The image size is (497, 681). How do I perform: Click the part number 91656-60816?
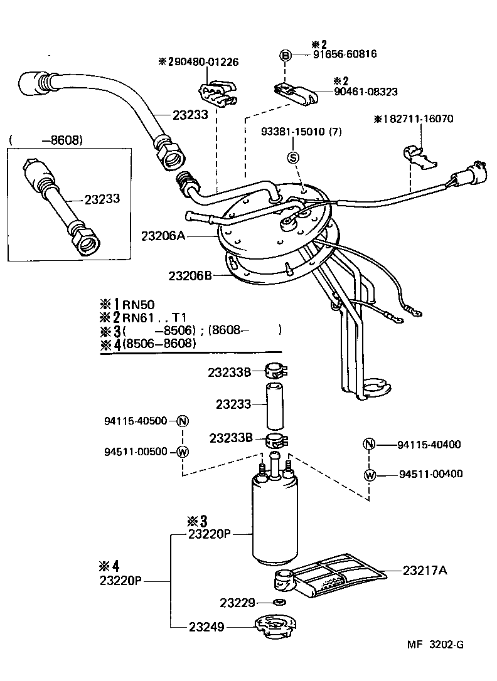click(x=345, y=55)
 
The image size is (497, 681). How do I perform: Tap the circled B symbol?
click(x=286, y=56)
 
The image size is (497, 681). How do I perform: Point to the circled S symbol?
click(x=293, y=157)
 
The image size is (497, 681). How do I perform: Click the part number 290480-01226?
click(x=203, y=62)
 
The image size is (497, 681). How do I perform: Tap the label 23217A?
click(x=425, y=570)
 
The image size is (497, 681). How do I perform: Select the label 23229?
click(x=237, y=603)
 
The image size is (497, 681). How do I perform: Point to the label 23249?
click(x=206, y=626)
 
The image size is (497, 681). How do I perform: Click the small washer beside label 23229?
click(x=280, y=603)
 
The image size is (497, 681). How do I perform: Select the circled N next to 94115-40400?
click(x=369, y=445)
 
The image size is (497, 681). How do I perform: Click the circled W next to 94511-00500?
click(x=182, y=451)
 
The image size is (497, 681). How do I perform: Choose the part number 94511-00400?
click(x=430, y=473)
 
